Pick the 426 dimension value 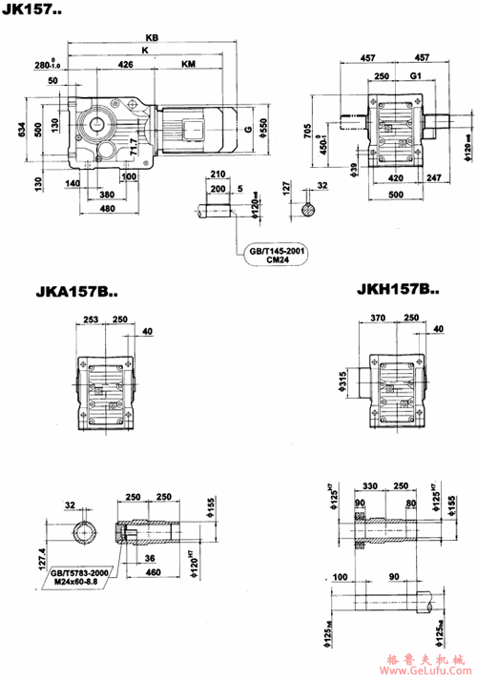click(126, 66)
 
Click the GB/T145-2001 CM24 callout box click(279, 255)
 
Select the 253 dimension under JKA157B click(91, 320)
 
